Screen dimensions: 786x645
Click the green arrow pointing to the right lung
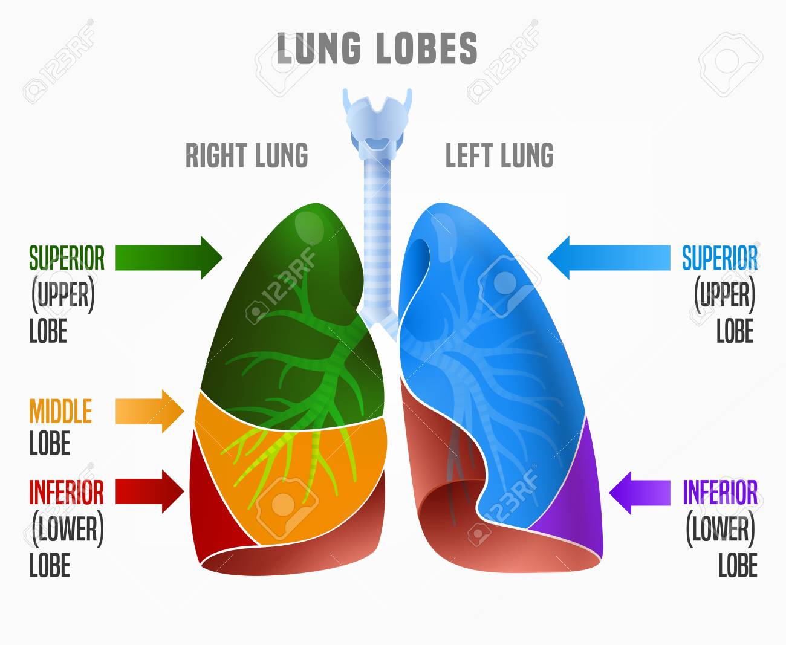point(169,258)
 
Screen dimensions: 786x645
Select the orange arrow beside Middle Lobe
point(150,412)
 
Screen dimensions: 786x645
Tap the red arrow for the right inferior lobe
point(150,491)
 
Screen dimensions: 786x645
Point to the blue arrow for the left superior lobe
point(609,258)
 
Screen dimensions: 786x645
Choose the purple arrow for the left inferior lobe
point(640,493)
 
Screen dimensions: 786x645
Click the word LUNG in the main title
point(319,48)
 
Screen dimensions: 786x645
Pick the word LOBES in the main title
point(427,48)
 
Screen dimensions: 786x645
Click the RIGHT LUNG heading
point(247,155)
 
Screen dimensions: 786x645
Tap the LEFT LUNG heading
point(499,155)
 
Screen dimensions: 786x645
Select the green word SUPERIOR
point(67,258)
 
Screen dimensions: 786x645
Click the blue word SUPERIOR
point(720,258)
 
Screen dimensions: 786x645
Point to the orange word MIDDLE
point(60,411)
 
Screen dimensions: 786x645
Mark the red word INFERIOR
point(67,492)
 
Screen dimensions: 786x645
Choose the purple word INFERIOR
point(720,492)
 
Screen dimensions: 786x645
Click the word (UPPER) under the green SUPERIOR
point(63,295)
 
